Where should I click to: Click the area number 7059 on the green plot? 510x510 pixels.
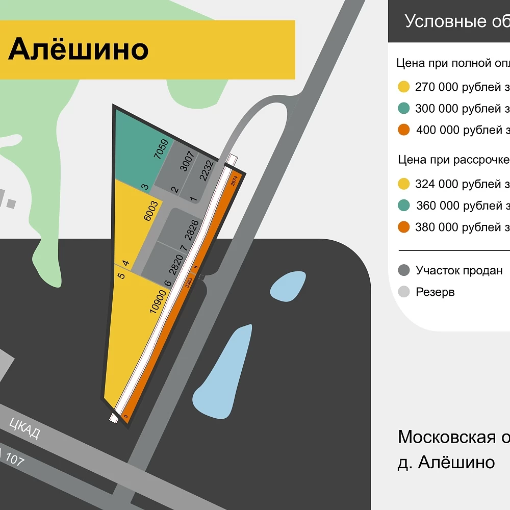(161, 149)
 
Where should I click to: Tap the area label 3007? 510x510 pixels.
(188, 161)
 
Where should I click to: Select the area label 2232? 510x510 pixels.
(206, 170)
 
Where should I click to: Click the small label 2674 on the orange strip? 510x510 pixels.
(234, 181)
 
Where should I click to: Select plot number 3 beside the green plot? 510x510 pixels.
(145, 187)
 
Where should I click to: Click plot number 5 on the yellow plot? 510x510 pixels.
(121, 276)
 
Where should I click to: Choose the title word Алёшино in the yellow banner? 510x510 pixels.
(79, 49)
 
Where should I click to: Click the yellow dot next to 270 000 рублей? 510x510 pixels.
(404, 87)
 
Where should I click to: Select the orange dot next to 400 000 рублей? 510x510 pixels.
(404, 130)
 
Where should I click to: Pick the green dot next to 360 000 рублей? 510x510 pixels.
(404, 206)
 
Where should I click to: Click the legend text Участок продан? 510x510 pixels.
(459, 270)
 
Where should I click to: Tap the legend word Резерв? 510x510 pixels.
(435, 292)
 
